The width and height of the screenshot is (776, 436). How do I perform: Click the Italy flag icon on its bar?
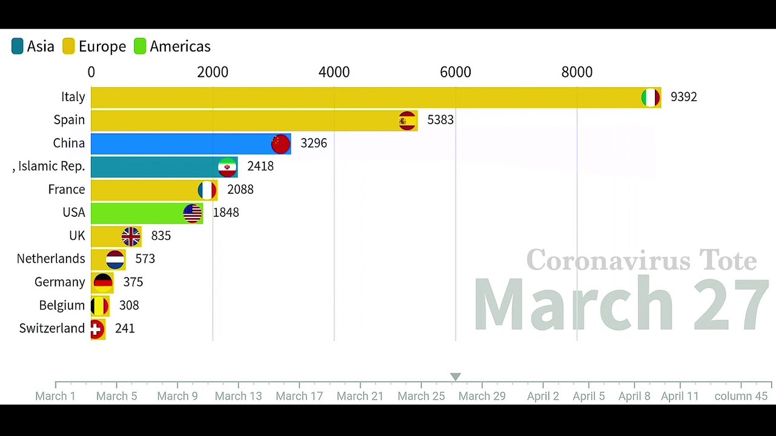click(650, 97)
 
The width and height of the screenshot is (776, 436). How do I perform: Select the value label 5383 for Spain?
click(440, 120)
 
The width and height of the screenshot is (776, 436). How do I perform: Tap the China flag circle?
click(280, 144)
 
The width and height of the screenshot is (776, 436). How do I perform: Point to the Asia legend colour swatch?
click(18, 47)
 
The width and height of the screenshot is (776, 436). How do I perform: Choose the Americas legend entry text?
click(180, 47)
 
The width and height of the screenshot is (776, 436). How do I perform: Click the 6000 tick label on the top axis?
click(455, 72)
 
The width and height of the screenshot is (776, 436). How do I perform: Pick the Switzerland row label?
click(52, 328)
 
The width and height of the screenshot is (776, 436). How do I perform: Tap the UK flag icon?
click(131, 236)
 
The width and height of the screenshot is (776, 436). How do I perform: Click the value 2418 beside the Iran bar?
click(260, 166)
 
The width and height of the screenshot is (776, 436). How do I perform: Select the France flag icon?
click(207, 190)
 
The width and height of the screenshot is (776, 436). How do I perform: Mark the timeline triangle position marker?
click(456, 377)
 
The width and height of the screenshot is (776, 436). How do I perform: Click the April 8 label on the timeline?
click(634, 396)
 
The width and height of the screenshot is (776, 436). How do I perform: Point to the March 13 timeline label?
click(238, 396)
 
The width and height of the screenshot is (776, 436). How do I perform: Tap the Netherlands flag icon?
click(115, 259)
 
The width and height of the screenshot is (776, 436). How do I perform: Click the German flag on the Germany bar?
click(103, 282)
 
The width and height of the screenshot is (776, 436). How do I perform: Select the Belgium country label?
click(62, 305)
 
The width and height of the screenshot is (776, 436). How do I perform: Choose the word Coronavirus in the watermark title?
click(600, 260)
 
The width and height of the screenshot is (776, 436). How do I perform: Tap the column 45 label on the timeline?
click(740, 396)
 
